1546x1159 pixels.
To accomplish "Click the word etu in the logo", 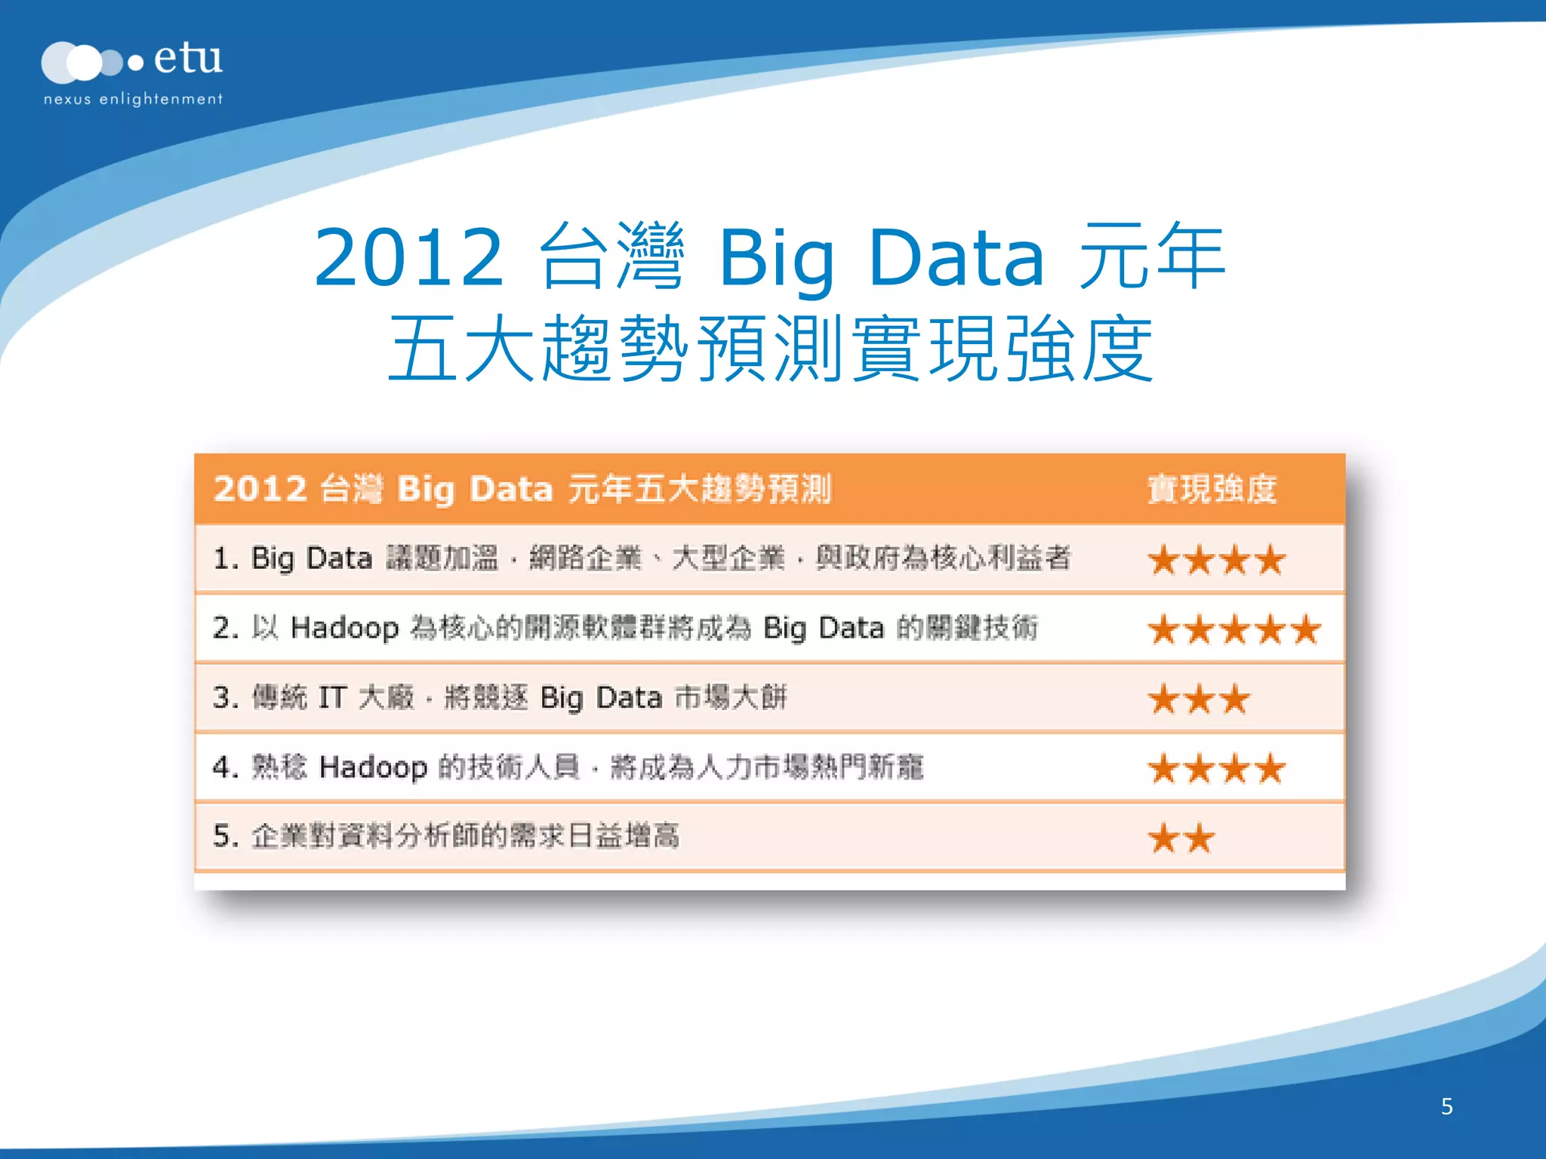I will click(x=188, y=58).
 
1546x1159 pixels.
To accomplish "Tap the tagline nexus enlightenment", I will click(x=133, y=100).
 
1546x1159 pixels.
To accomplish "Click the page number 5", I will click(x=1446, y=1106).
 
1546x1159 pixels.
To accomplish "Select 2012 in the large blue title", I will click(x=408, y=258).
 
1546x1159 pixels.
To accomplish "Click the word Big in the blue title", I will click(x=777, y=258).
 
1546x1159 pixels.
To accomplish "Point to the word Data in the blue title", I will click(x=956, y=258).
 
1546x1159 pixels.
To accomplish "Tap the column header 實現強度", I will click(x=1212, y=489).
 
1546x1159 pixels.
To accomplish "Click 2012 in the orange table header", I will click(x=260, y=489).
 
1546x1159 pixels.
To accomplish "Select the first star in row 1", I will click(x=1163, y=560).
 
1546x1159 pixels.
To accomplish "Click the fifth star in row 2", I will click(x=1306, y=629).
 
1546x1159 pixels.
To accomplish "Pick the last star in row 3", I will click(x=1235, y=699).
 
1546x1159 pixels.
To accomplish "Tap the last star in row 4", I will click(x=1270, y=769).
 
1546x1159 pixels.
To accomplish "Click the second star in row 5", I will click(x=1200, y=838).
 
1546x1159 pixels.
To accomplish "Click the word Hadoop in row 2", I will click(x=344, y=629).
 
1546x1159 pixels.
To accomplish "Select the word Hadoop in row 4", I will click(x=373, y=767).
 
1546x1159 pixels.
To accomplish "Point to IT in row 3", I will click(x=332, y=698).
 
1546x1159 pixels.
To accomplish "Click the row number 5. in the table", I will click(x=225, y=836).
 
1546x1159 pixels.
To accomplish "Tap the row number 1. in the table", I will click(x=225, y=559).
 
